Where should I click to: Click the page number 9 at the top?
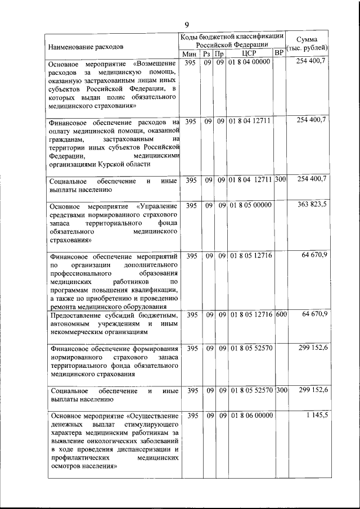click(x=186, y=23)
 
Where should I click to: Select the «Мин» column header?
click(x=190, y=53)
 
